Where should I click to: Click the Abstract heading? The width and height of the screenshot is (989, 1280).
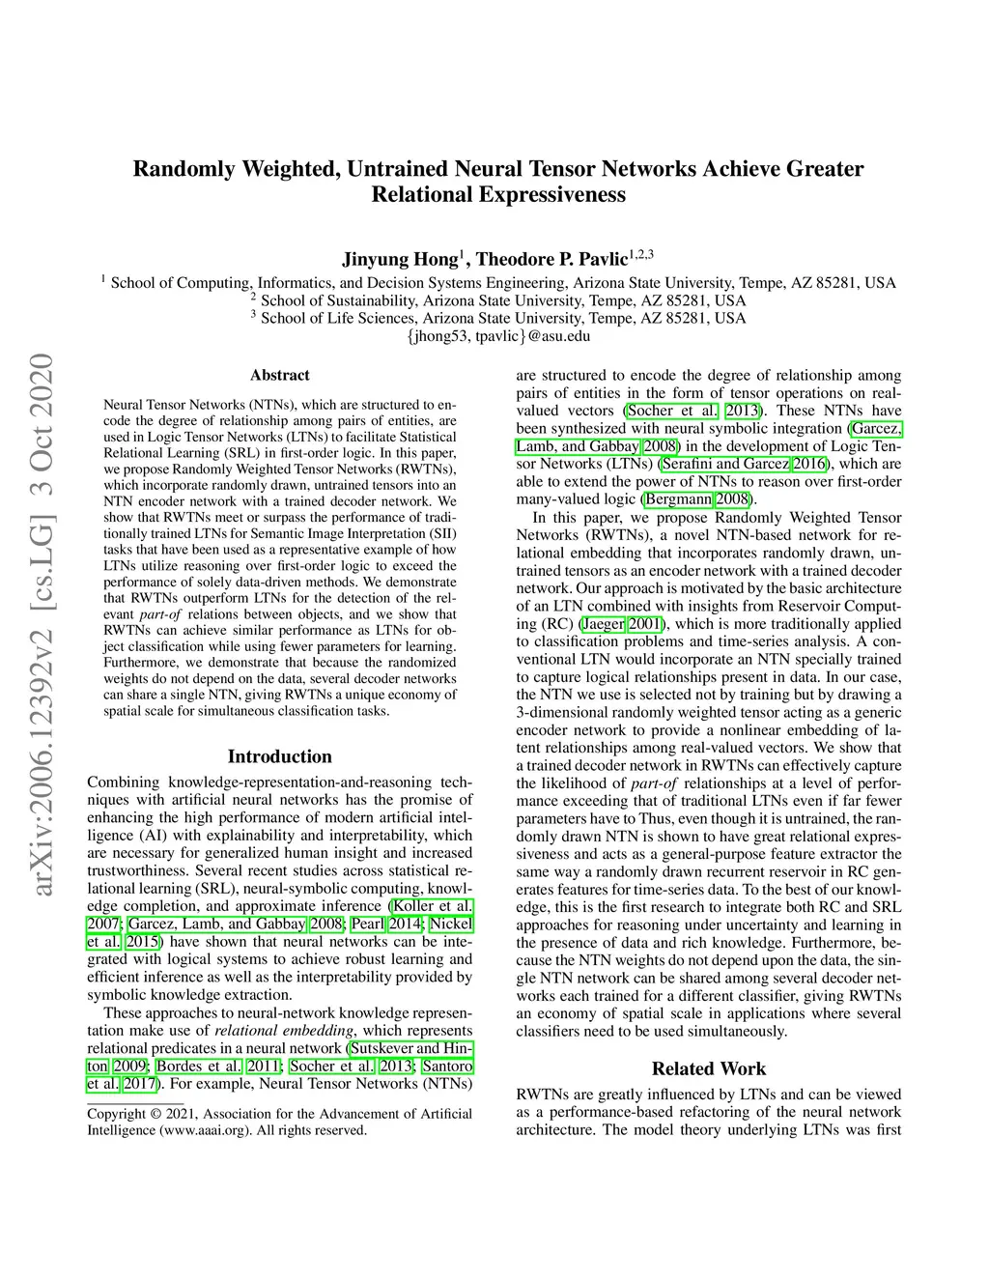(x=279, y=375)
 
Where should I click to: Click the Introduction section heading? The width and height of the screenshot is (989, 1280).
(x=279, y=756)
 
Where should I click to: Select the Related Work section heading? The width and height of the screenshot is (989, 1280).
(x=708, y=1068)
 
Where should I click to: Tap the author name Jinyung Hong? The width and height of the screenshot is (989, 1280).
(x=400, y=259)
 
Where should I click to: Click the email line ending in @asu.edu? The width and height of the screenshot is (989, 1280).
(x=498, y=336)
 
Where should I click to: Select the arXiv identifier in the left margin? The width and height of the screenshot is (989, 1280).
(x=41, y=623)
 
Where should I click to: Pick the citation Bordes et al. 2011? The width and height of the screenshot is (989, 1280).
(x=218, y=1067)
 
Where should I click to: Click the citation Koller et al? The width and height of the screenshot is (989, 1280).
(x=432, y=906)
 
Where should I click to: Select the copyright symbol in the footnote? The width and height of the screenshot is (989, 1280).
(x=155, y=1114)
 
